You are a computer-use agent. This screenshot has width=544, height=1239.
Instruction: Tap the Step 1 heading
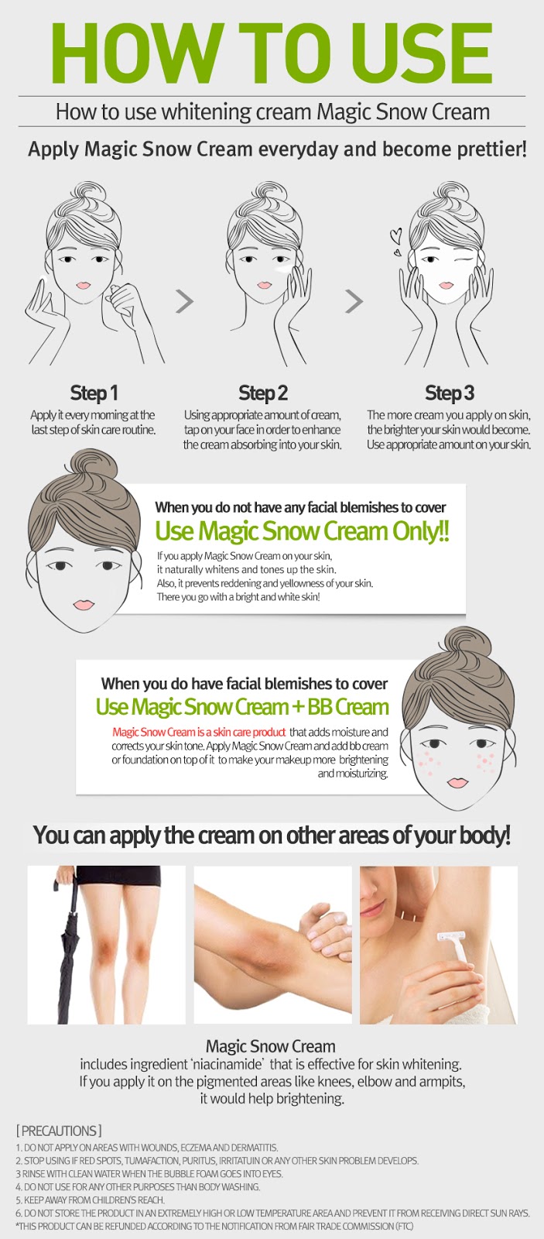(94, 393)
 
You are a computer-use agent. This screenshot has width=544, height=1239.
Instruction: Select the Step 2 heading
(263, 393)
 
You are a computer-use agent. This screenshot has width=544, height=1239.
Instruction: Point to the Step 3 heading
(450, 393)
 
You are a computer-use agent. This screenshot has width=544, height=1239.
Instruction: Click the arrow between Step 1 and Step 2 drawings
(185, 301)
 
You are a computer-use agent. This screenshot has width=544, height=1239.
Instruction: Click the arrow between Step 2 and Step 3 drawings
(354, 301)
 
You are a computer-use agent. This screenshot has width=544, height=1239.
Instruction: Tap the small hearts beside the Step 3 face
(395, 242)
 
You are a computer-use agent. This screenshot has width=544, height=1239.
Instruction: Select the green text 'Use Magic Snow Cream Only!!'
(303, 531)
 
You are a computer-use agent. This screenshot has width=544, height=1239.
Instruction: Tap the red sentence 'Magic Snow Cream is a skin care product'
(199, 732)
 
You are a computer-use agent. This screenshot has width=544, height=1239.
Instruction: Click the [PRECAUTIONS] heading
(59, 1130)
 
